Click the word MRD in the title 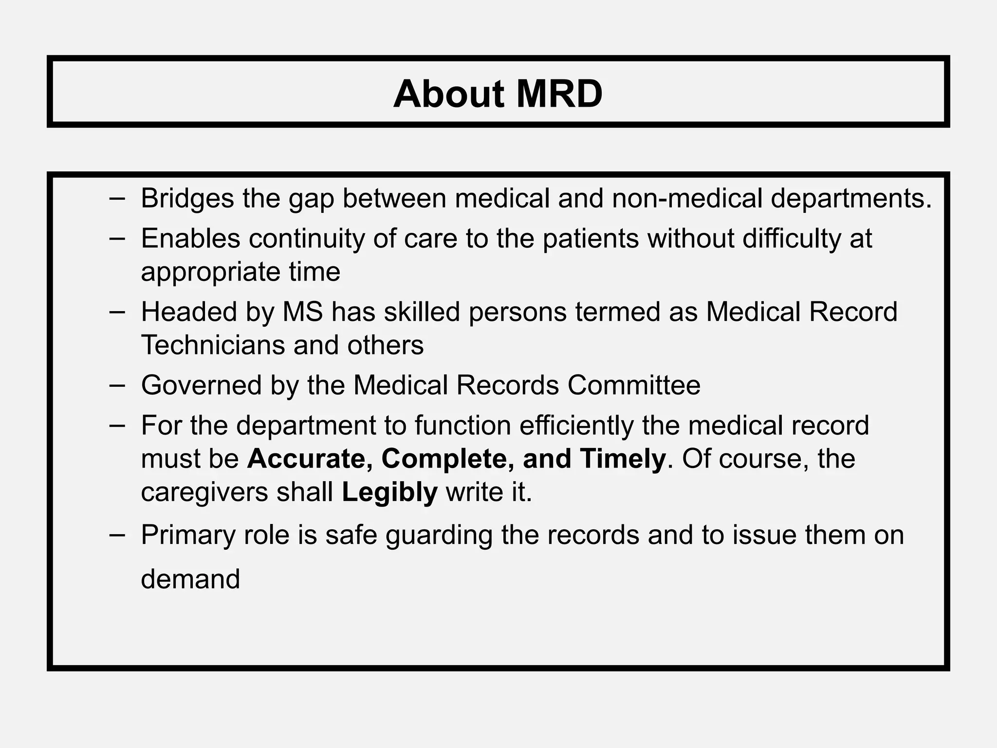(x=559, y=93)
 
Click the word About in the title (x=448, y=93)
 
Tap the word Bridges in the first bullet (x=187, y=199)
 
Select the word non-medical (x=687, y=199)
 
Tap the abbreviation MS (x=303, y=312)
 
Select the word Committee (x=634, y=385)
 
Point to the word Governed (x=202, y=385)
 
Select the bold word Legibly (x=389, y=492)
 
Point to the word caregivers (x=204, y=492)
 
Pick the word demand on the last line (x=190, y=579)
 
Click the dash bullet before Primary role (x=117, y=534)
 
